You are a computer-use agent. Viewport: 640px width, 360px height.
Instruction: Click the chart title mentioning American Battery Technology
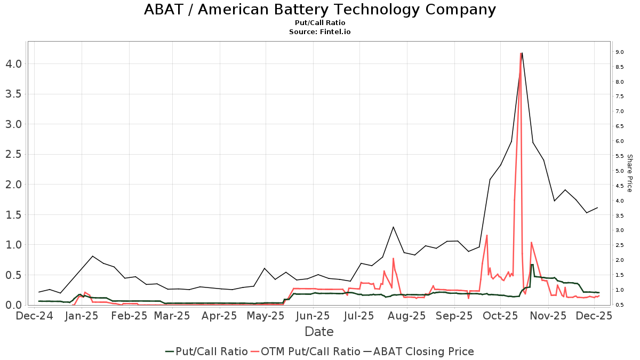tap(319, 10)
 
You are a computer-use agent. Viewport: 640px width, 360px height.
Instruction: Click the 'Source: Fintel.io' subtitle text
tap(319, 31)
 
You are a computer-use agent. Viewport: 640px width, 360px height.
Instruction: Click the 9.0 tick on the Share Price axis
tap(619, 52)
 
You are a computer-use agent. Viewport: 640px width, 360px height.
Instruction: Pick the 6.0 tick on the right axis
tap(619, 141)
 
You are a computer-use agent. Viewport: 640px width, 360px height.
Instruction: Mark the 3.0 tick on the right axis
tap(619, 230)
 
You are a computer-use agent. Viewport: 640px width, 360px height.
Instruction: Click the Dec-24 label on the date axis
tap(35, 315)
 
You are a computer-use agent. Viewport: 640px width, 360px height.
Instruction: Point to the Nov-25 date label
tap(549, 315)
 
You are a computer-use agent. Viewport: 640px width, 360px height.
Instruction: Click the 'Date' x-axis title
tap(319, 332)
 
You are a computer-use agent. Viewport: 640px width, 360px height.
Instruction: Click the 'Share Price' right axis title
tap(629, 173)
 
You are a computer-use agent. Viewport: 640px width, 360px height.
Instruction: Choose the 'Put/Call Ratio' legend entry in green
tap(206, 351)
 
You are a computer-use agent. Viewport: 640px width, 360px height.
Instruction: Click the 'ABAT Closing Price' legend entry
tap(419, 351)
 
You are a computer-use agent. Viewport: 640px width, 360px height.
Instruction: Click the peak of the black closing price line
tap(522, 52)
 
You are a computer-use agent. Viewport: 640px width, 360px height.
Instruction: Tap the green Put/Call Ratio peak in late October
tap(532, 265)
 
